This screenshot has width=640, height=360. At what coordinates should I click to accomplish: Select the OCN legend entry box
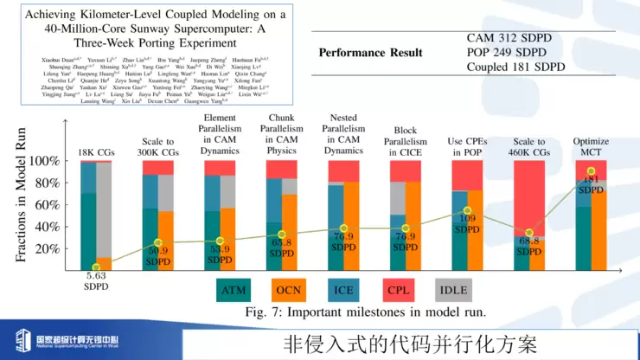[x=296, y=290]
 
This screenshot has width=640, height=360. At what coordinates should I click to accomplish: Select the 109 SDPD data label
[x=466, y=223]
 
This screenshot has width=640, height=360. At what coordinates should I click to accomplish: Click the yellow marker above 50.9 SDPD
[x=157, y=243]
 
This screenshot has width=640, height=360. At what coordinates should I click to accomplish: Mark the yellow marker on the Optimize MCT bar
[x=591, y=171]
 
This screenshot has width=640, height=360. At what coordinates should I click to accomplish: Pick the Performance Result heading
[x=370, y=53]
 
